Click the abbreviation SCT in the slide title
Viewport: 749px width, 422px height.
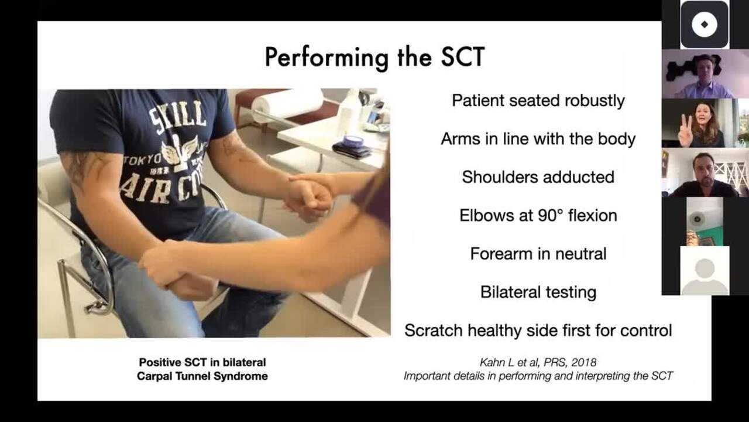463,57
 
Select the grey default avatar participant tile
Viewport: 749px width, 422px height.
705,271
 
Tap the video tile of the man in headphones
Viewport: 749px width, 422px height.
705,74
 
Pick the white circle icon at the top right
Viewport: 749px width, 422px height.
705,25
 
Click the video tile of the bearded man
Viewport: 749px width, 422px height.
705,172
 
